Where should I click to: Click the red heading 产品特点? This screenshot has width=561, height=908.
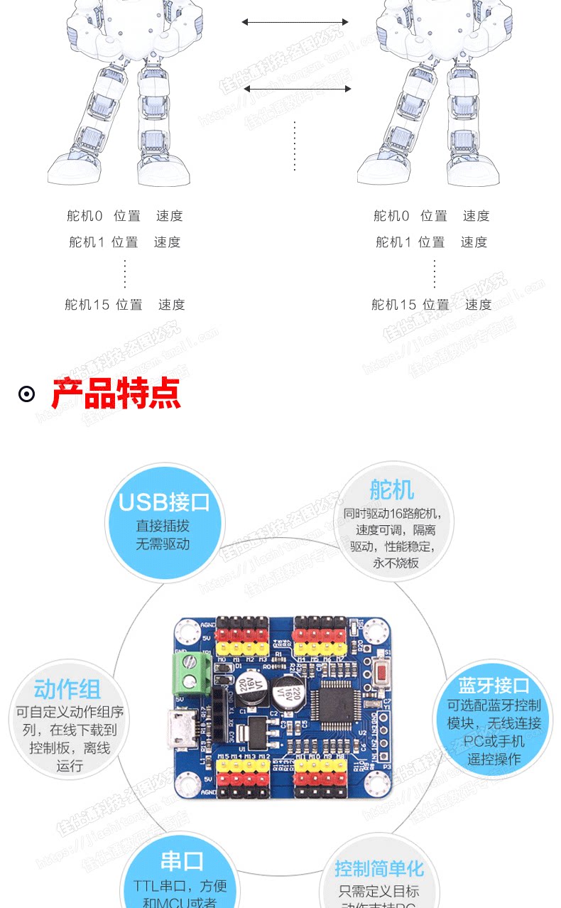point(116,393)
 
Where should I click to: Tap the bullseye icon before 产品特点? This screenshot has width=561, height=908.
point(27,394)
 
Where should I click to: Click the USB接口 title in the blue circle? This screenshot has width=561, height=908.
point(164,502)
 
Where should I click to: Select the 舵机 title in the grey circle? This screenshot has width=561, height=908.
point(391,490)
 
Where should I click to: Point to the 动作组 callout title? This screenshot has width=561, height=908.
point(67,689)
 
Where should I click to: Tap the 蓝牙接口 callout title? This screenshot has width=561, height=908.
point(494,686)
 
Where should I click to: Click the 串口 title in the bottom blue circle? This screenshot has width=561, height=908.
point(182,861)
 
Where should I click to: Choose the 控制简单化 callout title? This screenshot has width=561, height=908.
point(379,868)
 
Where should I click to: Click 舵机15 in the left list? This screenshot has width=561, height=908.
point(87,305)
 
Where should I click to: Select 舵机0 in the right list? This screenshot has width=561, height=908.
point(391,216)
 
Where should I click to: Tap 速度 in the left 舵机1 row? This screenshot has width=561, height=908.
point(167,242)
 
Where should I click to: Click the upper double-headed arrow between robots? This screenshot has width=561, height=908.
point(295,22)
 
